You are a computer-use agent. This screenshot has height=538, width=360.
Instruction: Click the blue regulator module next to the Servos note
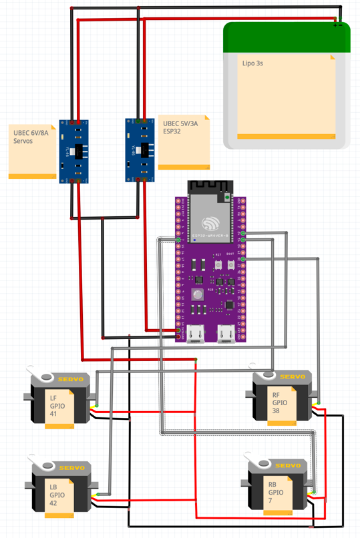point(73,151)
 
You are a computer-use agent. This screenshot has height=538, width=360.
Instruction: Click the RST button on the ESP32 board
point(219,266)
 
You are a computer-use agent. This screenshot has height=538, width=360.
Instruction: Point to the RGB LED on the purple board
point(197,294)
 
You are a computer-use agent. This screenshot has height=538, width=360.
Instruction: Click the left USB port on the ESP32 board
point(197,332)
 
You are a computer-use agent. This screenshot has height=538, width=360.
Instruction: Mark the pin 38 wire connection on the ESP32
point(243,259)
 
